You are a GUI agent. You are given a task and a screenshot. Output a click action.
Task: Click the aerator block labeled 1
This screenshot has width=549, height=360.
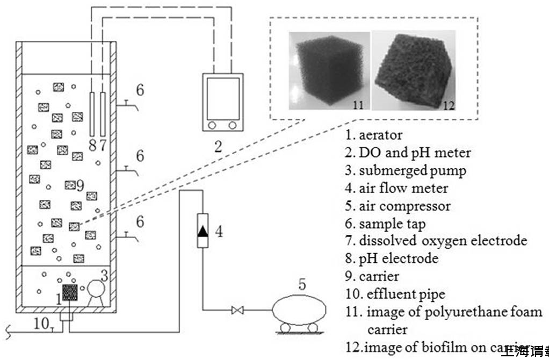(x=70, y=292)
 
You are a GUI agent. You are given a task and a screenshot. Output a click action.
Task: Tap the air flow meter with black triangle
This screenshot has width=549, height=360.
(x=203, y=231)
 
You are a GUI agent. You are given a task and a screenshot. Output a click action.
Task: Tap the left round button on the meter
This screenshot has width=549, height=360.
(x=212, y=125)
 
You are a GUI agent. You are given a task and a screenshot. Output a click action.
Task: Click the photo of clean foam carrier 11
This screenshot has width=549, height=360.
(x=329, y=70)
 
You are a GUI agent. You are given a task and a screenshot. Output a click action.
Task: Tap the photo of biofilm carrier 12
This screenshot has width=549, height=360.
(x=414, y=70)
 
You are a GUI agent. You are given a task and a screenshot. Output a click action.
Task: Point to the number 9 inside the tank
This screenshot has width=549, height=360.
(x=80, y=186)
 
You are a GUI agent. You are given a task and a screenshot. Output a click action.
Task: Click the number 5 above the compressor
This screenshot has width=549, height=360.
(x=302, y=284)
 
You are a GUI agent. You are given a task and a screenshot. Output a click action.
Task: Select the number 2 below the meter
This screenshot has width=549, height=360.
(x=218, y=147)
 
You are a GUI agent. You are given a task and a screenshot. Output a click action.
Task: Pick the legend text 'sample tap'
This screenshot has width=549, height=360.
(x=392, y=224)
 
